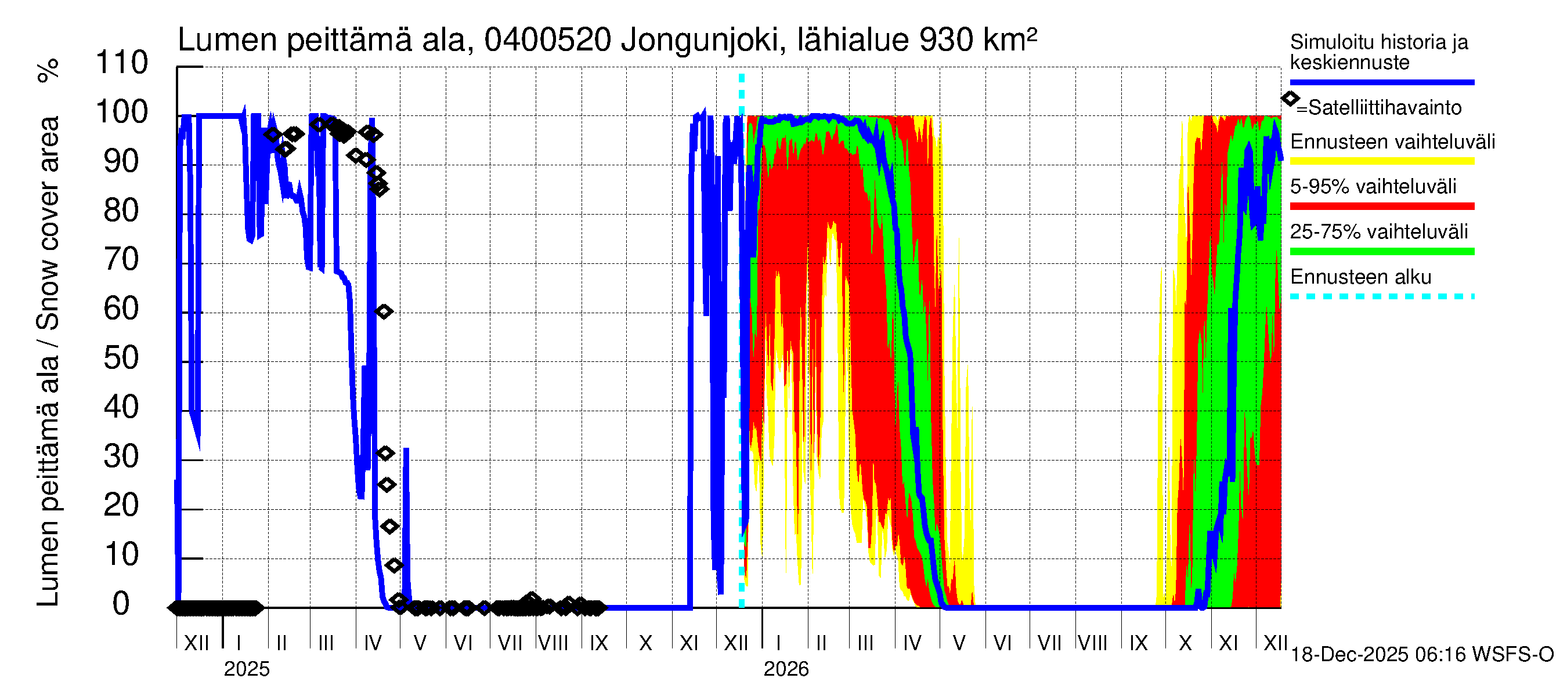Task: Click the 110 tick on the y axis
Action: pos(122,63)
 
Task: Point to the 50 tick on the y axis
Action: pos(122,358)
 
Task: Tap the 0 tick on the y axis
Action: pos(122,604)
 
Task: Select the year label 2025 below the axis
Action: pos(246,669)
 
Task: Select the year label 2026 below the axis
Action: pos(786,669)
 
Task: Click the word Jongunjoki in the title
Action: pos(700,41)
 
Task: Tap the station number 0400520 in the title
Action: pos(547,41)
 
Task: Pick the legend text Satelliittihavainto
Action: pos(1385,108)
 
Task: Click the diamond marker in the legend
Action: pos(1290,99)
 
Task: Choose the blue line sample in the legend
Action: pos(1381,82)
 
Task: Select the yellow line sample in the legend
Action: pos(1381,161)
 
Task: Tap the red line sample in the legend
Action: pos(1381,206)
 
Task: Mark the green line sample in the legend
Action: pos(1381,252)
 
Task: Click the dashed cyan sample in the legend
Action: pos(1381,296)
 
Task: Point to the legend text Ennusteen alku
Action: pos(1361,277)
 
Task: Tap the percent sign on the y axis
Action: pos(48,71)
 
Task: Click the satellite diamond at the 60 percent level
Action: pos(384,312)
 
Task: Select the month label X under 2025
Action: pos(646,643)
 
